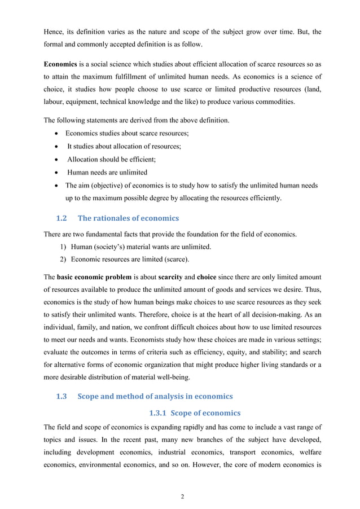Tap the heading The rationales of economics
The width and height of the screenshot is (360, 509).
[128, 218]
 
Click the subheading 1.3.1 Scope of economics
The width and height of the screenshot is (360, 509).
[194, 413]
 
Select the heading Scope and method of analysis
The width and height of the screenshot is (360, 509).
[155, 396]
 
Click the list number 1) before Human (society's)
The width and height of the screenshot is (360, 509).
[63, 246]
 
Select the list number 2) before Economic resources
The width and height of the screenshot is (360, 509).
[63, 260]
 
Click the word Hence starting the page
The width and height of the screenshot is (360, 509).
[55, 32]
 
